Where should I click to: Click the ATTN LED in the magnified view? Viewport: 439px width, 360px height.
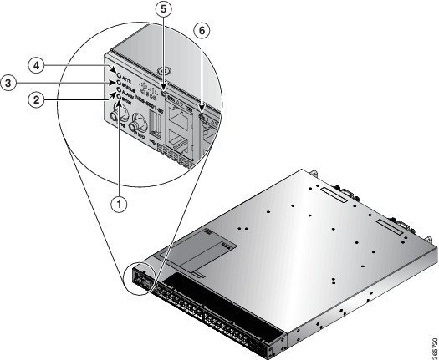point(109,67)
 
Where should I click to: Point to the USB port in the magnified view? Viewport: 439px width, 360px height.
point(155,125)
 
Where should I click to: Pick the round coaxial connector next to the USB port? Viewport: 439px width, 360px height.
point(134,128)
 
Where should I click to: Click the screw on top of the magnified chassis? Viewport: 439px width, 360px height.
point(165,71)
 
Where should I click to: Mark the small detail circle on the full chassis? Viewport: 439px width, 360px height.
point(138,280)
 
